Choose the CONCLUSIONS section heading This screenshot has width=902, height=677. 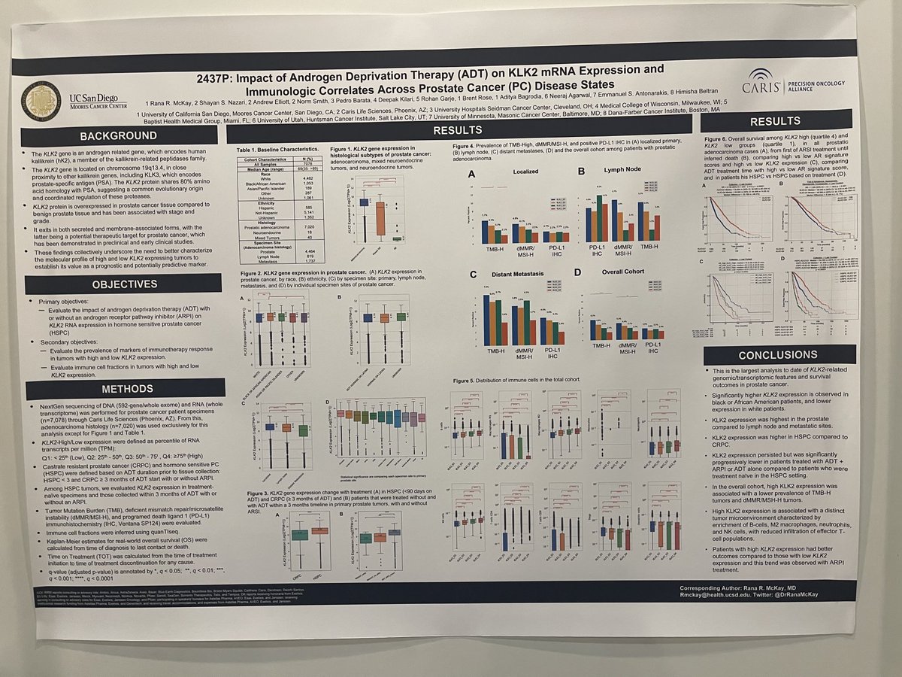[778, 355]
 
